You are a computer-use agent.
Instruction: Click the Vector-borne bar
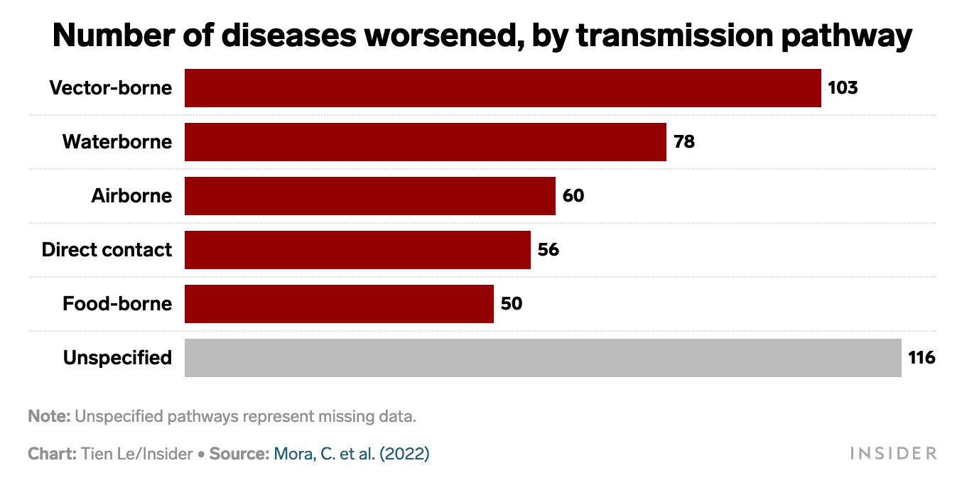502,88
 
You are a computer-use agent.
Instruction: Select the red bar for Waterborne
425,142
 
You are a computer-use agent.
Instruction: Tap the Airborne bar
369,196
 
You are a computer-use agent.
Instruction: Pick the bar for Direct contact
357,250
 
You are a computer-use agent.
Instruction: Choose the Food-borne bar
339,304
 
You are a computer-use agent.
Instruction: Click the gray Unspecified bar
543,358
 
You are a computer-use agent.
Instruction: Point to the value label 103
843,88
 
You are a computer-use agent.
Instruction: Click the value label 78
684,142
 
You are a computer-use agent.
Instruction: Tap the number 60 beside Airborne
573,196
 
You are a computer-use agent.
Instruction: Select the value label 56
548,250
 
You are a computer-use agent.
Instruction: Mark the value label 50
512,304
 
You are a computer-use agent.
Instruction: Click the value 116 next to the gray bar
922,358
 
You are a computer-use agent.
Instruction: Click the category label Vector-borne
110,88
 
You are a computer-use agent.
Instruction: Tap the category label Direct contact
107,250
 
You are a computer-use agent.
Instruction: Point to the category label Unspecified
117,358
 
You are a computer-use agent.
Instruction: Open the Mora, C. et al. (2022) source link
351,454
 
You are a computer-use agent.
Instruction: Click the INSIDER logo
893,454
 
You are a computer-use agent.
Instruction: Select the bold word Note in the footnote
49,417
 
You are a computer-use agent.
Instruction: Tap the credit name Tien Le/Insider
137,454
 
